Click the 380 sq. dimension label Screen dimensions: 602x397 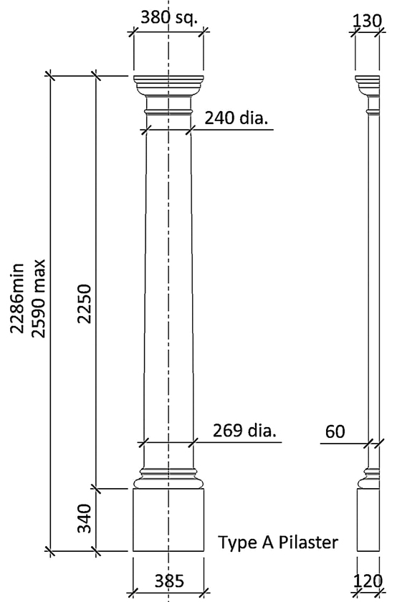[168, 18]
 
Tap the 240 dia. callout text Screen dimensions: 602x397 [236, 118]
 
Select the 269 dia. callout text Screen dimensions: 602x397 [244, 431]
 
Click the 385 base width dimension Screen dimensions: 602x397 [169, 580]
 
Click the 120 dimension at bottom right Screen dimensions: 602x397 [368, 580]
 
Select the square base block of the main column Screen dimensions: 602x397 [169, 520]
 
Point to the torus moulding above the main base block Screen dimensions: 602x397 [169, 475]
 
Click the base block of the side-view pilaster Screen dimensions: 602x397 [368, 520]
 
